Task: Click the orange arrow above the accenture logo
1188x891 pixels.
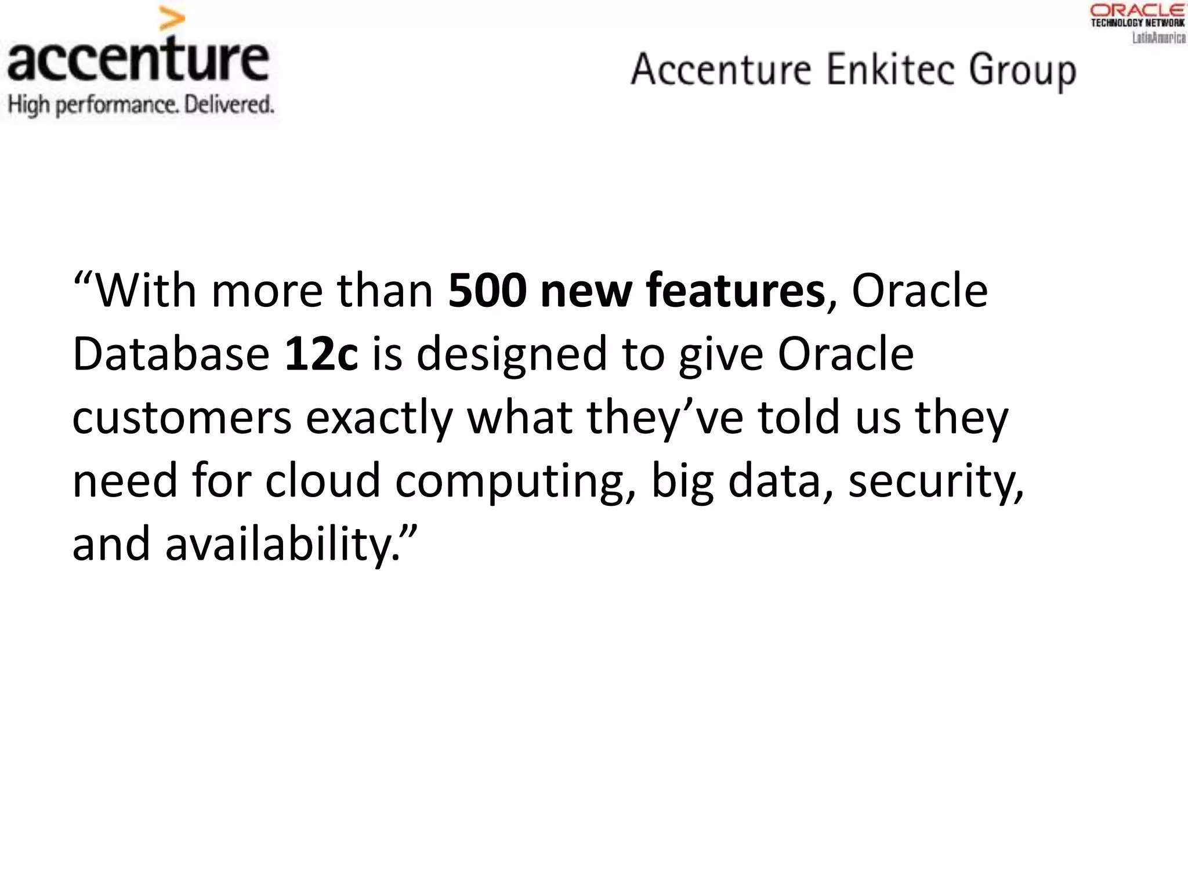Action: (172, 20)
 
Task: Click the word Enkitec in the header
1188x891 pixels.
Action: (890, 70)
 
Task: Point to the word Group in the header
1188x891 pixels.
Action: (1022, 72)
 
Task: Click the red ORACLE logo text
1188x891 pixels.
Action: (1138, 10)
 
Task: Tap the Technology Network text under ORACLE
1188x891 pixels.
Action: (1138, 23)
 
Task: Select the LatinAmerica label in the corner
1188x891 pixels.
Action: (1159, 38)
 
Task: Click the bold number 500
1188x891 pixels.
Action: (487, 290)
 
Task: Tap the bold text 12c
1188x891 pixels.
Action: (321, 353)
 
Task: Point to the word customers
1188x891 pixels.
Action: (182, 418)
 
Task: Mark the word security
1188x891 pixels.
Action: (935, 481)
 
